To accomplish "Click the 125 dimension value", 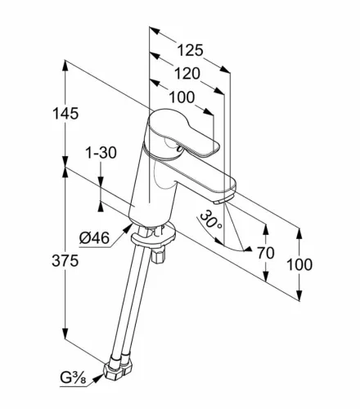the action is (190, 51).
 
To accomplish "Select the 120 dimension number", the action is (187, 74).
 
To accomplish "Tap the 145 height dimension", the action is (65, 114).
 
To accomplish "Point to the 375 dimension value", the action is (65, 261).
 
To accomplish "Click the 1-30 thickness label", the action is (101, 153).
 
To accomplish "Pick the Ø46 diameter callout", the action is (94, 238).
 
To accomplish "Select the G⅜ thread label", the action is (73, 379).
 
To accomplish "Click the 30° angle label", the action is (211, 220).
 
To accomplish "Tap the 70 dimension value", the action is (265, 253).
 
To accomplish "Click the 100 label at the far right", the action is (299, 265).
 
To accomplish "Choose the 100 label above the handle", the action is (182, 97).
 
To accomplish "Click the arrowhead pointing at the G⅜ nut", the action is (98, 378).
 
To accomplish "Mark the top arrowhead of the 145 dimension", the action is (65, 65).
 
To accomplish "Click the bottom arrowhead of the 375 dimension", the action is (65, 334).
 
